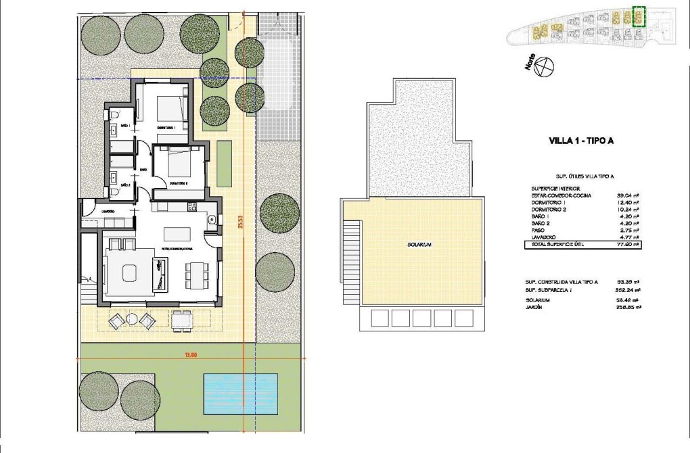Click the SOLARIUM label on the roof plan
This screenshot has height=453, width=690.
pyautogui.click(x=419, y=245)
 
